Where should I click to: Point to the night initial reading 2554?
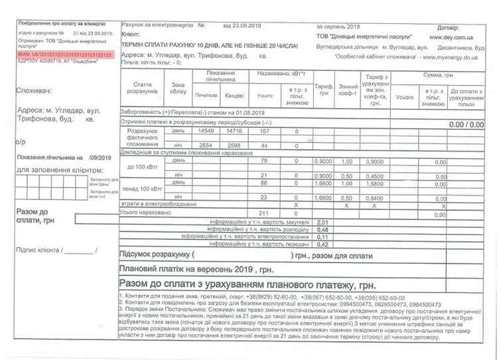[x=206, y=145]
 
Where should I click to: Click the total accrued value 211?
[x=263, y=214]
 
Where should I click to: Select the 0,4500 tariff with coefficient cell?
[x=375, y=176]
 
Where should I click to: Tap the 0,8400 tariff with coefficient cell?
[x=375, y=198]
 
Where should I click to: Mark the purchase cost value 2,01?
[x=323, y=222]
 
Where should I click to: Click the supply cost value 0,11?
[x=323, y=237]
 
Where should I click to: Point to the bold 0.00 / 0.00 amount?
[x=466, y=125]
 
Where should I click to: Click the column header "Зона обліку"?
[x=178, y=89]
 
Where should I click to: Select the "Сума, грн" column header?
[x=438, y=77]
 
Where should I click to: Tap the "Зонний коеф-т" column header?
[x=346, y=91]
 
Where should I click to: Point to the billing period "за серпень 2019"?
[x=338, y=27]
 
